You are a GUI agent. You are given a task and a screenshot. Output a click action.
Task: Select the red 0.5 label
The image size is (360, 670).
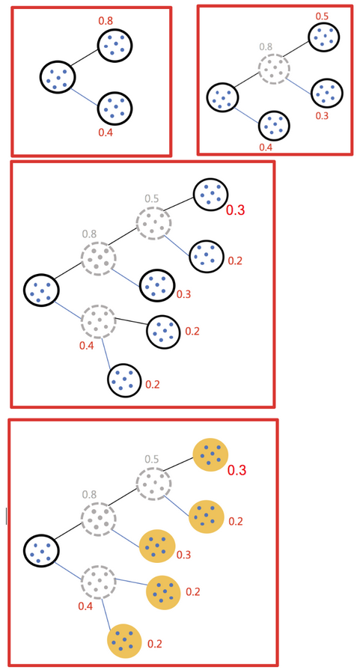[x=322, y=16]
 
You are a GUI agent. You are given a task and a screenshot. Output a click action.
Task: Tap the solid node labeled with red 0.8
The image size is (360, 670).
[x=115, y=45]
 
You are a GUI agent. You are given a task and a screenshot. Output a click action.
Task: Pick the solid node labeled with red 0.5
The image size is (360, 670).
[x=324, y=37]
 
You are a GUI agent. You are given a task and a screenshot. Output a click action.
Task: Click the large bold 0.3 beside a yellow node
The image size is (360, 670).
[x=237, y=470]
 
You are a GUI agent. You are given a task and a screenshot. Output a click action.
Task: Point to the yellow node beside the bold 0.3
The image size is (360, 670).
[x=210, y=454]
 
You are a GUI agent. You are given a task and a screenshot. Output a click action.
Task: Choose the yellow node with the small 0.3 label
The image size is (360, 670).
[x=157, y=546]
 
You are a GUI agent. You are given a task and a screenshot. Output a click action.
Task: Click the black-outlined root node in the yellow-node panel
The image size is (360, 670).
[x=41, y=551]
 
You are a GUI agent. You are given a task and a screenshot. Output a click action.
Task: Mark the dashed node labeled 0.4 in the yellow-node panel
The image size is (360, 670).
[x=99, y=581]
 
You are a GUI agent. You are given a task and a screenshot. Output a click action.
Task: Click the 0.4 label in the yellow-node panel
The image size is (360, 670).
[x=85, y=606]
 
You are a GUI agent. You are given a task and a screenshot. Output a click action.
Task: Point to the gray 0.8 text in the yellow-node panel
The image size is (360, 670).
[x=89, y=495]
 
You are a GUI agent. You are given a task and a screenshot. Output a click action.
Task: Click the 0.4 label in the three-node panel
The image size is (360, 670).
[x=106, y=133]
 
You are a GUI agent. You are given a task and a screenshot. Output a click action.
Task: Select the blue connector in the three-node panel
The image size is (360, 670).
[x=85, y=96]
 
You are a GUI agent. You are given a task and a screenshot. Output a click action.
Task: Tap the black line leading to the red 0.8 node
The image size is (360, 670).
[x=85, y=58]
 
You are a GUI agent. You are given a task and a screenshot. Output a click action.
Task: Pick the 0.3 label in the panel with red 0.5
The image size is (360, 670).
[x=323, y=115]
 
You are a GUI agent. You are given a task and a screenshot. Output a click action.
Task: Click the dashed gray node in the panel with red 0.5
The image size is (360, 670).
[x=274, y=67]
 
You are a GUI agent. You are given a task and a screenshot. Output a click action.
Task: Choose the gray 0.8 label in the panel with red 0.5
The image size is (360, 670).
[x=266, y=46]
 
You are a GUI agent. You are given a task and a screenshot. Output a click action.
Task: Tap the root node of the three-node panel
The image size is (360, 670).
[x=58, y=77]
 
